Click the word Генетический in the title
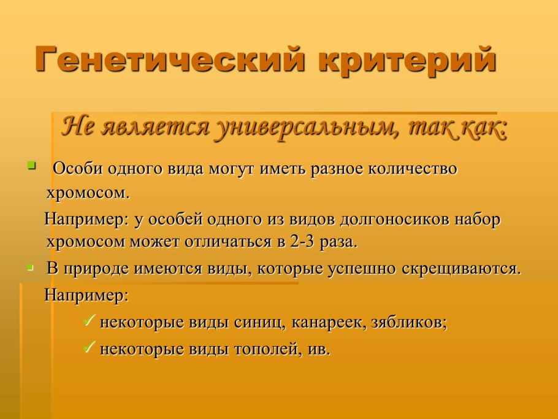[x=170, y=60]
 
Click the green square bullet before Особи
[x=32, y=165]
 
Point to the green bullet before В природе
[x=31, y=267]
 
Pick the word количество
[x=412, y=168]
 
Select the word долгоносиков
[x=394, y=220]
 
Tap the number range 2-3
[x=302, y=242]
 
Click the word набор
[x=477, y=219]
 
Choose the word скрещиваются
[x=461, y=269]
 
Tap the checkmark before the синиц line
[x=89, y=320]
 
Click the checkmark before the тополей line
[x=89, y=347]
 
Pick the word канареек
[x=329, y=323]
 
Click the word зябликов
[x=409, y=323]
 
